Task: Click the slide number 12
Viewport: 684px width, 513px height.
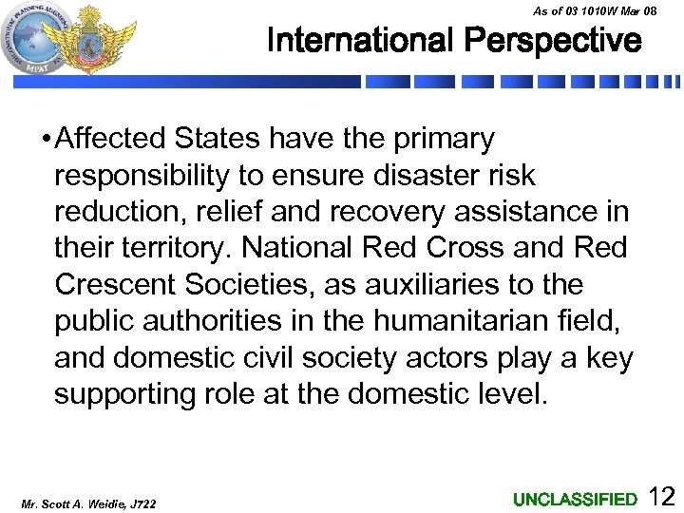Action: (x=661, y=496)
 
